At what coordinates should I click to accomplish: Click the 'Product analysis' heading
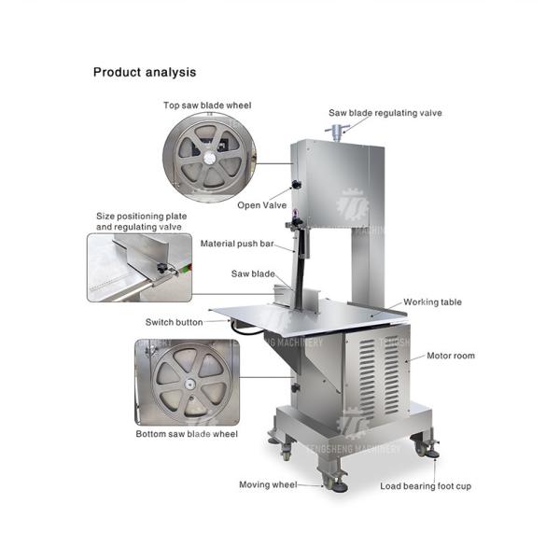145,72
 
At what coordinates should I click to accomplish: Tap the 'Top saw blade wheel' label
206,105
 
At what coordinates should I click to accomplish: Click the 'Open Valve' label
262,205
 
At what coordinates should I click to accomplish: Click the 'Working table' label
432,302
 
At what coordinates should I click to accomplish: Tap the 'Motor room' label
453,356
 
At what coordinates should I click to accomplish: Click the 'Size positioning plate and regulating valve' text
141,221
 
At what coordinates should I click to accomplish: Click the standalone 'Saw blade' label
253,274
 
